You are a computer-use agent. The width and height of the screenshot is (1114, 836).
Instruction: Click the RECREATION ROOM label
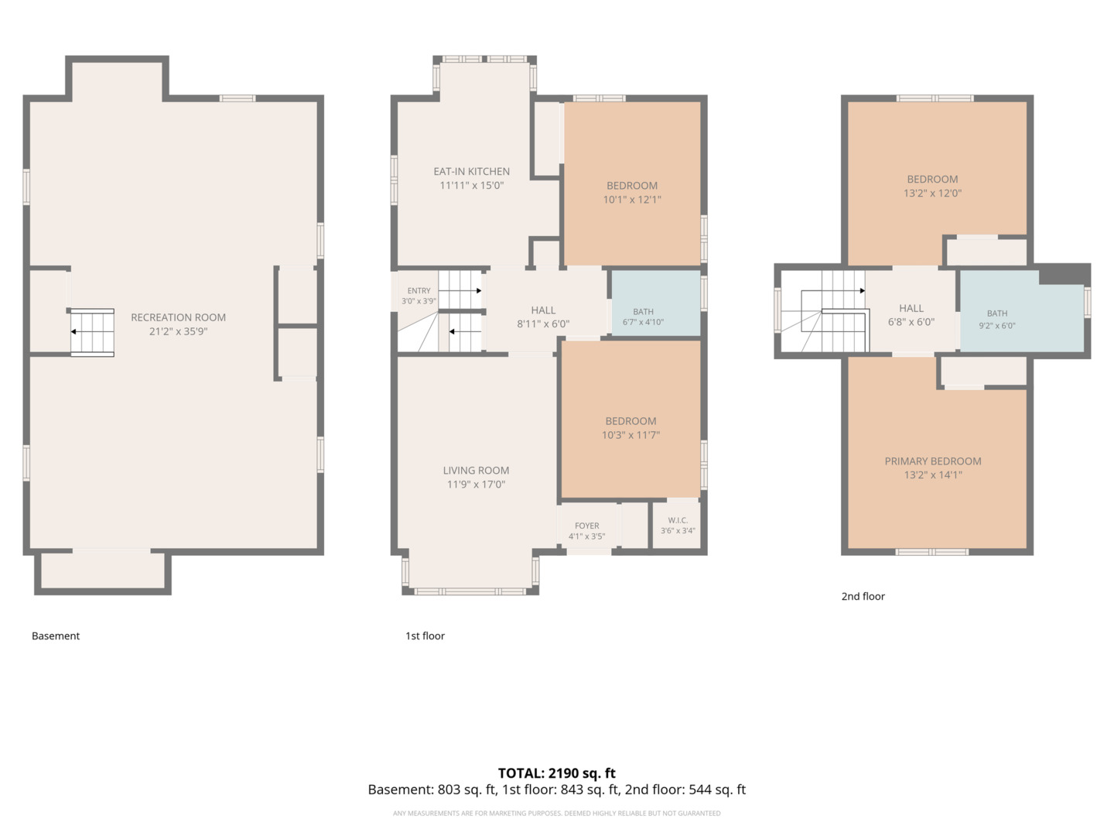[178, 317]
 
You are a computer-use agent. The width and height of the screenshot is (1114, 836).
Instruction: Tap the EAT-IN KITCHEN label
[471, 172]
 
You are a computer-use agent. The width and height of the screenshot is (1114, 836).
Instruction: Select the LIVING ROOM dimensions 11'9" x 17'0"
[476, 485]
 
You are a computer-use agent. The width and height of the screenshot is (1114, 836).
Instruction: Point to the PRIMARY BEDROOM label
[933, 461]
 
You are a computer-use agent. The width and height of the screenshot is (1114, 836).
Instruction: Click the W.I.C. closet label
[678, 520]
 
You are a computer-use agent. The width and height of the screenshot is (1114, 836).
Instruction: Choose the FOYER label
[586, 526]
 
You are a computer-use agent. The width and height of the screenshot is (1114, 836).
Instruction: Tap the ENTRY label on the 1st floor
[419, 291]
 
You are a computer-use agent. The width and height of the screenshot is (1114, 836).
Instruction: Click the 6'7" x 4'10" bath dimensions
[643, 322]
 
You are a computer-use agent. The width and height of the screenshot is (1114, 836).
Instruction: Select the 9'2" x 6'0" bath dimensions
[997, 325]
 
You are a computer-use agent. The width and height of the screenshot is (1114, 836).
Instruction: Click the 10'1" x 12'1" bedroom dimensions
[632, 200]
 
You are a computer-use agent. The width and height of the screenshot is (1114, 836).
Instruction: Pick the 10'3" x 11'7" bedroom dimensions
[630, 435]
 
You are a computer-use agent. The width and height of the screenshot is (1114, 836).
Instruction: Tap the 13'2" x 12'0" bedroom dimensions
[932, 193]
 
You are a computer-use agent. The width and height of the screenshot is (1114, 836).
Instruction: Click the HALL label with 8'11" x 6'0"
[543, 310]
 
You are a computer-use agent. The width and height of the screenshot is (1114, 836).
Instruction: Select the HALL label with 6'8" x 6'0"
[911, 308]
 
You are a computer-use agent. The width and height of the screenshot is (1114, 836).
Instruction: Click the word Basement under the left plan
[56, 636]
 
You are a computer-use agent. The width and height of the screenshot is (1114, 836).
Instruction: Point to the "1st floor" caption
[425, 636]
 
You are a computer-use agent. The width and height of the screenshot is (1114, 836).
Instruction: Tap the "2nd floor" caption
[863, 596]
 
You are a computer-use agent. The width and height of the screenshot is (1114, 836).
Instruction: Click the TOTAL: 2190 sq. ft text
[557, 773]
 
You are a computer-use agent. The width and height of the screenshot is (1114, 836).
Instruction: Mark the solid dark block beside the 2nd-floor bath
[1064, 275]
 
